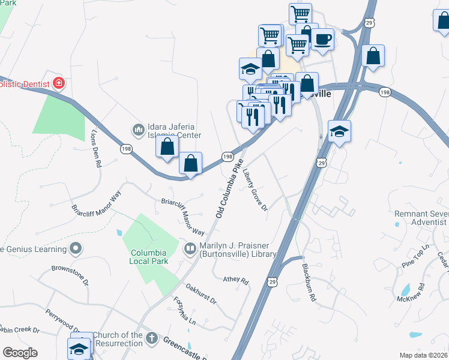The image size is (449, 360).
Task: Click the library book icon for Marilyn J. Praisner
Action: pos(190,248)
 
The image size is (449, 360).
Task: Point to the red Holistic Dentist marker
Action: pos(59,82)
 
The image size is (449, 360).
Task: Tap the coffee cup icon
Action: pos(322,38)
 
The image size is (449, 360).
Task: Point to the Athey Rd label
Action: pos(235,280)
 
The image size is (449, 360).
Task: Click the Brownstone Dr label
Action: pos(70,274)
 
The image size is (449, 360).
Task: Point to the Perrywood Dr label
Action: pos(63,320)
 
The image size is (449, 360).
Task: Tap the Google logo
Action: pos(20,353)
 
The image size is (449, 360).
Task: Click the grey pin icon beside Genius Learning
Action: pos(76,248)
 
